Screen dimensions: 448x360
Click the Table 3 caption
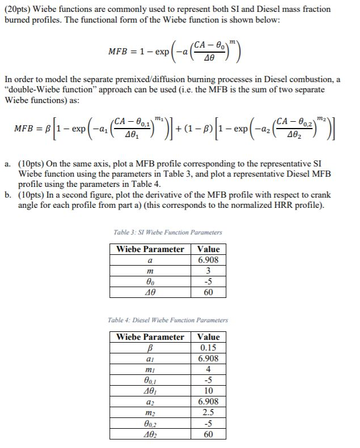pos(168,232)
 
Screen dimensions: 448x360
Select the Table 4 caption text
pos(168,320)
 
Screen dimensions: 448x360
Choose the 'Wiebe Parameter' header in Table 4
pos(150,337)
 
